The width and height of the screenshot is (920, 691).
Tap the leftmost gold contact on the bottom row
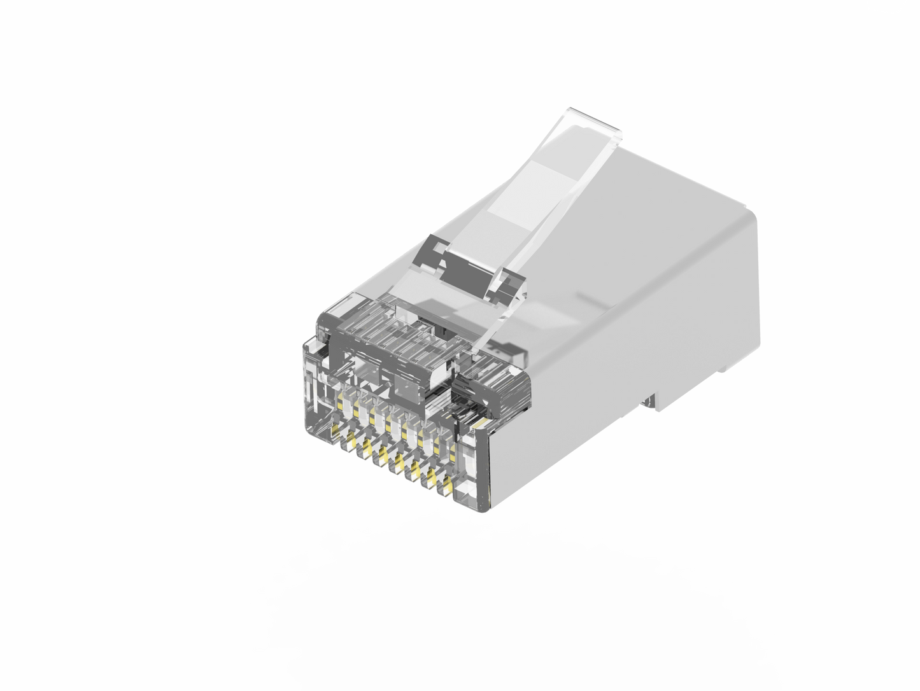350,438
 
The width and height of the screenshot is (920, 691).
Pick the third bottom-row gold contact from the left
383,454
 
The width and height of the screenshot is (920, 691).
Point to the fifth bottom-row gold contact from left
416,468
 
